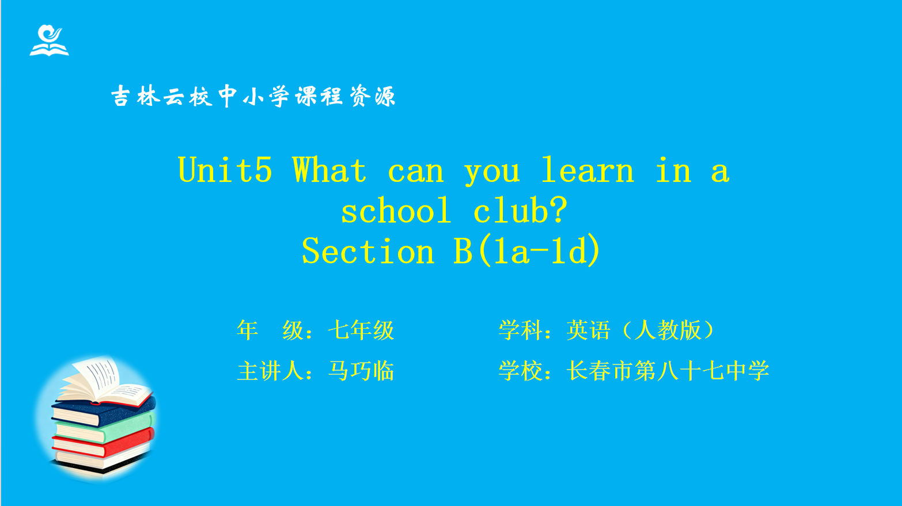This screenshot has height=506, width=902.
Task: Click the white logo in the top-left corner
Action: [x=49, y=40]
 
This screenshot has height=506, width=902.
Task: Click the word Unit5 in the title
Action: [x=225, y=170]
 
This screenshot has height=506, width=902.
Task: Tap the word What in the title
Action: [x=329, y=170]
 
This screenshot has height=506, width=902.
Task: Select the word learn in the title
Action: [x=588, y=170]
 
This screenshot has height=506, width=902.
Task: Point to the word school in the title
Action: [x=396, y=210]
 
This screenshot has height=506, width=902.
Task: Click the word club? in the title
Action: [x=520, y=210]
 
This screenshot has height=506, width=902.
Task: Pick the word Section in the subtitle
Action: [x=368, y=250]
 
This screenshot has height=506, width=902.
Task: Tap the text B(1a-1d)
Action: [x=527, y=250]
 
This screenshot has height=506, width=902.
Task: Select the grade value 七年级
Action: [x=361, y=330]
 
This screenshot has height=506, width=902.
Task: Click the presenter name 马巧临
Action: [x=361, y=371]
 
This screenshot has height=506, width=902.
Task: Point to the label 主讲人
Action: [x=270, y=371]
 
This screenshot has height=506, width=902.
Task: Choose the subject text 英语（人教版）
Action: [x=641, y=330]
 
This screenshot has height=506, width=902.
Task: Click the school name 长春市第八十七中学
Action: [x=668, y=371]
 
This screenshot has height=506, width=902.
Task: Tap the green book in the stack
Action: [x=104, y=428]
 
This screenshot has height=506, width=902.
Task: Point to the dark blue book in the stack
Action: [x=103, y=410]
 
